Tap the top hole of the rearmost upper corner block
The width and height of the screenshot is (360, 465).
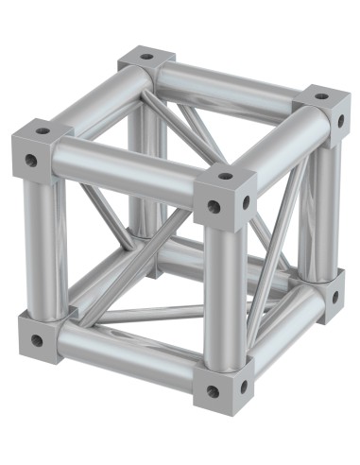(146, 57)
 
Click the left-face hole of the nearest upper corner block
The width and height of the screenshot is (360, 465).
(214, 206)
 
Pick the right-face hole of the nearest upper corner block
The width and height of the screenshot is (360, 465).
(248, 201)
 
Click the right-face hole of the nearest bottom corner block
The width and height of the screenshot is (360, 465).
(244, 386)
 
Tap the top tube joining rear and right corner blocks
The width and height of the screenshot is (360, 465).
(236, 83)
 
